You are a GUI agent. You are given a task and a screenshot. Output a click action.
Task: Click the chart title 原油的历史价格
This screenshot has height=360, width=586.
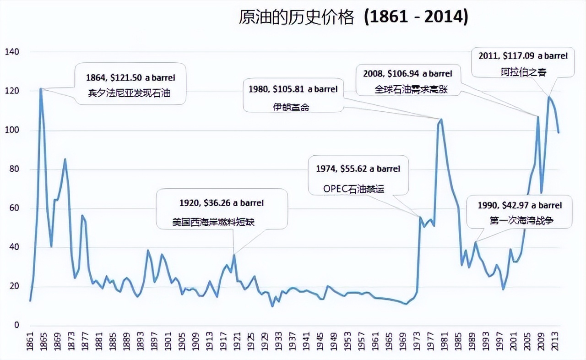point(297,17)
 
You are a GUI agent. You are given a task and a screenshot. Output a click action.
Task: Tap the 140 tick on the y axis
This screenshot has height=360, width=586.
point(12,52)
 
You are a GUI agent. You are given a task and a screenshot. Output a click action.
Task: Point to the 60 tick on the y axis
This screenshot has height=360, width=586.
point(14,208)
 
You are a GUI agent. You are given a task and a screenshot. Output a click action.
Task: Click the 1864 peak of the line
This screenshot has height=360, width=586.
point(41,88)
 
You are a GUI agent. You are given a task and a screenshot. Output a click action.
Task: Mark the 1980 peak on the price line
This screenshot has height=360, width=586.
point(441,119)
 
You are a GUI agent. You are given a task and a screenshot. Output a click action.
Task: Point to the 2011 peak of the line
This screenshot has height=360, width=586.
point(548,97)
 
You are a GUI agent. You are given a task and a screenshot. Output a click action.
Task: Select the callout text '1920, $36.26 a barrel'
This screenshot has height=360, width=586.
point(222,202)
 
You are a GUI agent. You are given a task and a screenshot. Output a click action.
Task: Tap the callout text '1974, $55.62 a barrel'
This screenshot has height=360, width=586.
point(358,169)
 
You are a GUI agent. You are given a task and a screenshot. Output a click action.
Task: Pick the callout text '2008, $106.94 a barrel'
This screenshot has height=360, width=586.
point(407,73)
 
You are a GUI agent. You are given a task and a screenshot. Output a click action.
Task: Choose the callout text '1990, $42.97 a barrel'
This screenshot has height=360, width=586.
point(520,205)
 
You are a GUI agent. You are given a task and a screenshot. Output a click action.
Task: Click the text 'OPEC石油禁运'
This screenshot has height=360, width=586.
point(353,189)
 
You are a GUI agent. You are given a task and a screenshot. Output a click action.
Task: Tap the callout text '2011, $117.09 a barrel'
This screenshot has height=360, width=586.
point(523,55)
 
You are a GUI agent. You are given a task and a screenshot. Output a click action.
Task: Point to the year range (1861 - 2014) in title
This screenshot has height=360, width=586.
point(416,17)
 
